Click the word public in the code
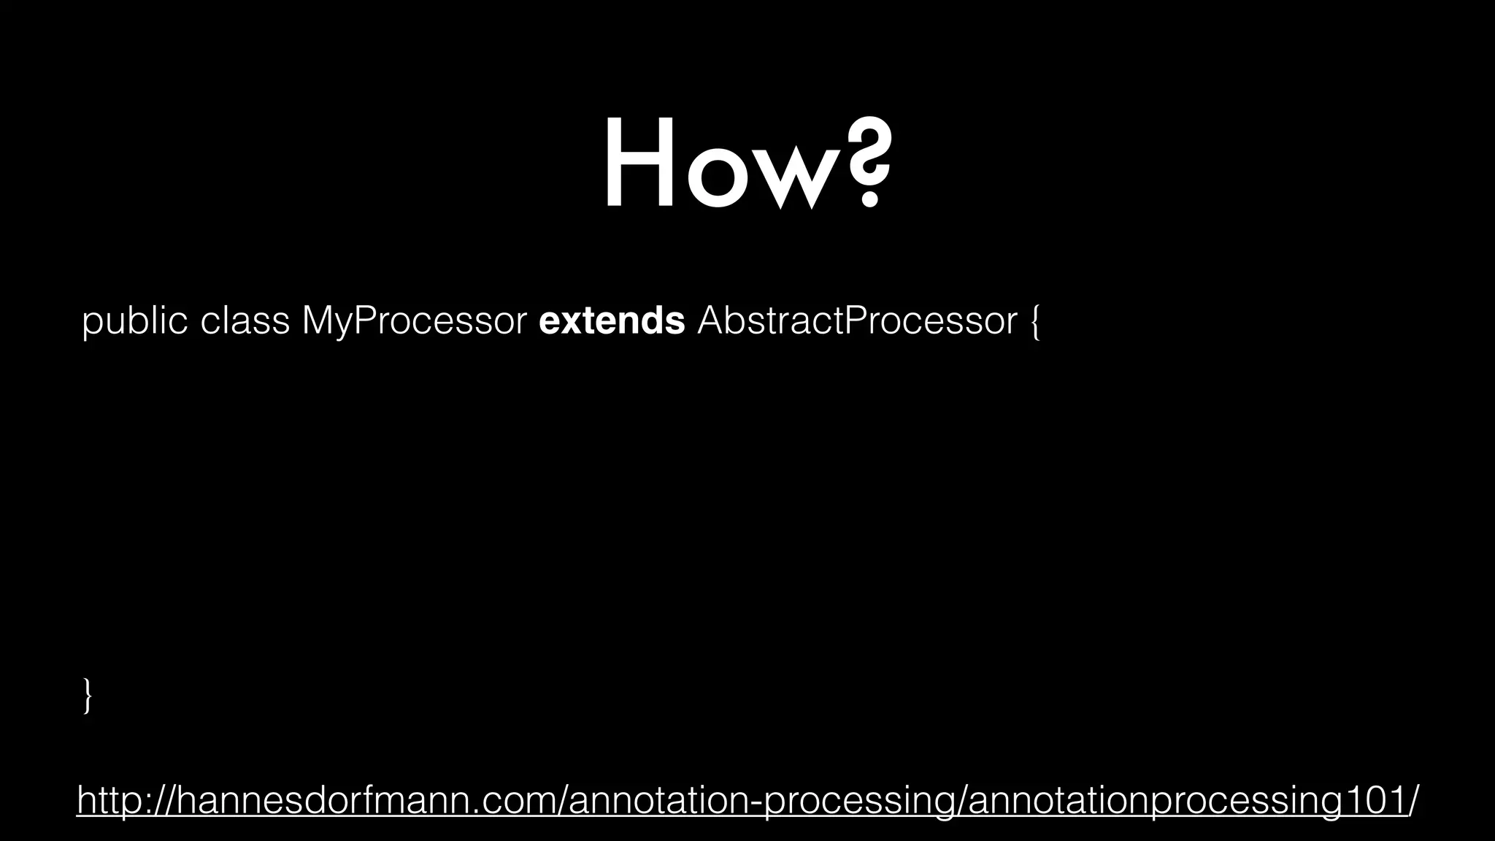(x=134, y=321)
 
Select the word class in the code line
(x=245, y=321)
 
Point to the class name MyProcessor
(x=414, y=321)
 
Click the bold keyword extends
(x=612, y=321)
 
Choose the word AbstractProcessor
(x=857, y=321)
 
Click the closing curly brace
(x=88, y=695)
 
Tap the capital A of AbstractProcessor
(x=711, y=321)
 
